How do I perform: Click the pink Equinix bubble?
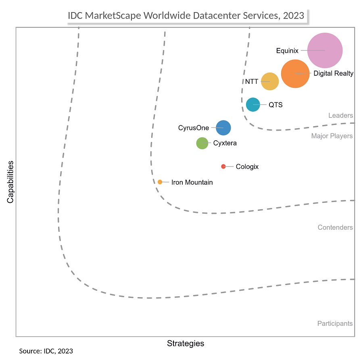[325, 50]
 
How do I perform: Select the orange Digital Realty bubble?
[296, 73]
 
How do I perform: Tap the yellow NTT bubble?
[270, 81]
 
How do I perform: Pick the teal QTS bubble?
[253, 105]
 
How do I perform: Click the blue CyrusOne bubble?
[223, 128]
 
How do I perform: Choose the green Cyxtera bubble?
[202, 143]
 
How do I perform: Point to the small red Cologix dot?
[223, 166]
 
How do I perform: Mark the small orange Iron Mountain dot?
[160, 182]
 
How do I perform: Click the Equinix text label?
[287, 51]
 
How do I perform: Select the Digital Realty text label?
[333, 73]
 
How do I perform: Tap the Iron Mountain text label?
[192, 182]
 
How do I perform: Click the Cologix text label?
[247, 166]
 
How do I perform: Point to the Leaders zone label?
[340, 116]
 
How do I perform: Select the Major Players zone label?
[332, 136]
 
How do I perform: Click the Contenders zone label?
[335, 227]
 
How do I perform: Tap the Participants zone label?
[335, 323]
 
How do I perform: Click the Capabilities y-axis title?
[10, 182]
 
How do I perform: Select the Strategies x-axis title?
[186, 343]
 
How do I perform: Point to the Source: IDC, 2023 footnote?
[46, 351]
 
